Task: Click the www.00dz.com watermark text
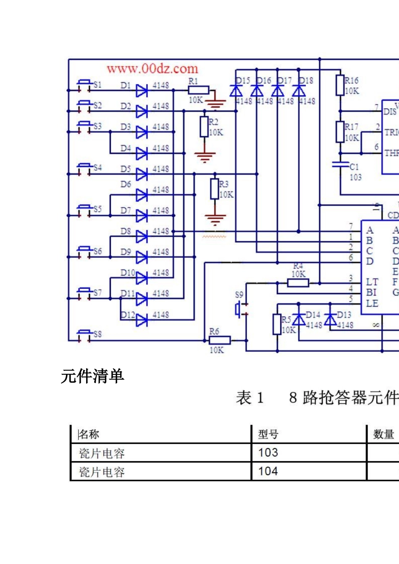point(152,68)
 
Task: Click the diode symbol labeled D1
point(142,90)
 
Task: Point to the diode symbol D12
point(142,320)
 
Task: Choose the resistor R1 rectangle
point(198,90)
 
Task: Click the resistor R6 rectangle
point(219,340)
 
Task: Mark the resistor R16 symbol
point(340,85)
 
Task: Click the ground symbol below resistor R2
point(205,157)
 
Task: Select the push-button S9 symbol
point(239,310)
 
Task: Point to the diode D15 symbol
point(236,90)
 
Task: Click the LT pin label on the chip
point(372,282)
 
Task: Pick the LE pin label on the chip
point(372,303)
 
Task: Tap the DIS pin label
point(390,112)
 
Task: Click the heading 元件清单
point(92,376)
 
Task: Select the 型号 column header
point(268,434)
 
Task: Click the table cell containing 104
point(268,471)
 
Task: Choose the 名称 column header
point(89,434)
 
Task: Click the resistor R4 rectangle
point(298,283)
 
